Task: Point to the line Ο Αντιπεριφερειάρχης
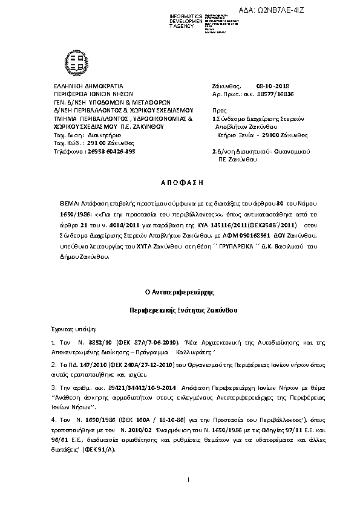[x=180, y=291]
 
